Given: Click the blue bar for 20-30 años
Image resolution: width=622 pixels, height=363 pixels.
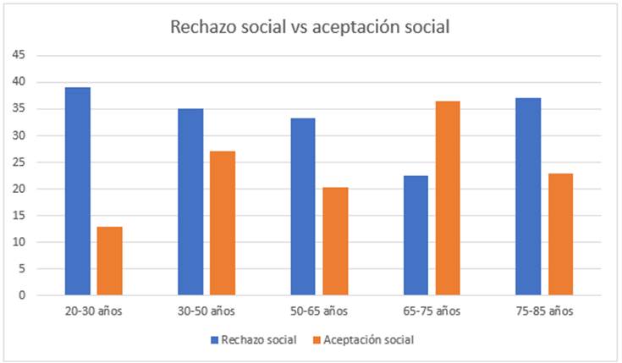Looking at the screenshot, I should (77, 191).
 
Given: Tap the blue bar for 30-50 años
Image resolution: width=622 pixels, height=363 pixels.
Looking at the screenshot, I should (190, 201).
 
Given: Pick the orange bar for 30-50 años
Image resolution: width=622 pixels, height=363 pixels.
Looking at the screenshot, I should (223, 223).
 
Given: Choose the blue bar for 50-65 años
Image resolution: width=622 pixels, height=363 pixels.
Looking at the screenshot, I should (302, 206).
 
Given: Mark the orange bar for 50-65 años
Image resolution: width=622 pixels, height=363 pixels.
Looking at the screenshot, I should (335, 241).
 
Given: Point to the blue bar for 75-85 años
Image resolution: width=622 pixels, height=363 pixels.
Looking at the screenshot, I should (528, 196).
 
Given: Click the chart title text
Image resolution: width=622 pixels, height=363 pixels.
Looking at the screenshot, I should (310, 26).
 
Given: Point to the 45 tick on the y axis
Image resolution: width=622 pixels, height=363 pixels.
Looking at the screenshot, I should (19, 55).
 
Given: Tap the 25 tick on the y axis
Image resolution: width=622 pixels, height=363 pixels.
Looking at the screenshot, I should (19, 162).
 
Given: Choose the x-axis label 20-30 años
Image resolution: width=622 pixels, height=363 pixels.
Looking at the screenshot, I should (93, 311).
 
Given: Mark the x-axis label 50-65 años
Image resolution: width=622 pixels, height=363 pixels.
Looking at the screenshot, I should (319, 311).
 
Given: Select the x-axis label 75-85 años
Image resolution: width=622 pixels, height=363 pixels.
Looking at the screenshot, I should (544, 311).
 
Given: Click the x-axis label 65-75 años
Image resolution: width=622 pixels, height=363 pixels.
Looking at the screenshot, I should (432, 311).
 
